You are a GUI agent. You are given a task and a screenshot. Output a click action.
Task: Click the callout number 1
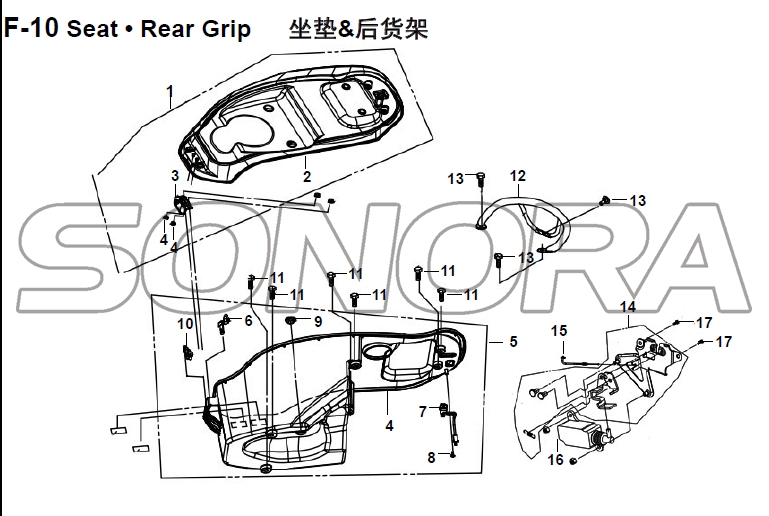tap(171, 96)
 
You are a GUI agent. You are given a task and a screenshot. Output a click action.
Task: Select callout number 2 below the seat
tap(308, 176)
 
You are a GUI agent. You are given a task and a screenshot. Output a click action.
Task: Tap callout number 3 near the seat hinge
tap(175, 176)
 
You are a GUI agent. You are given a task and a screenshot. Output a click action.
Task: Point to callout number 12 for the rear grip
tap(517, 175)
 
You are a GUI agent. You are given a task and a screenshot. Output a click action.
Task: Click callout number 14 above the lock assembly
tap(628, 306)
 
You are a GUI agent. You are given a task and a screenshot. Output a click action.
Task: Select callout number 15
tap(560, 330)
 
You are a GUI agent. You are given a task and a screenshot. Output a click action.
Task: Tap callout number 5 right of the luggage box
tap(514, 342)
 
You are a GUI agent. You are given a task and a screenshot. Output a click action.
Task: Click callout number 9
tap(318, 321)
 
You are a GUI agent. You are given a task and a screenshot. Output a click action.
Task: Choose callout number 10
tap(185, 323)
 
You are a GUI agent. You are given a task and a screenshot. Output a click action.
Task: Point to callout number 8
tap(432, 457)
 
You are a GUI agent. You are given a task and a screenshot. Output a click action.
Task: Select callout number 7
tap(423, 410)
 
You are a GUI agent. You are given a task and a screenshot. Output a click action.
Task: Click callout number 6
tap(248, 320)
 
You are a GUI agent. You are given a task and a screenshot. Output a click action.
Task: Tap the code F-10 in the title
tap(30, 28)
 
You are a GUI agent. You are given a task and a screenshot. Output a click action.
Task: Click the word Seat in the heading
tap(92, 28)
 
